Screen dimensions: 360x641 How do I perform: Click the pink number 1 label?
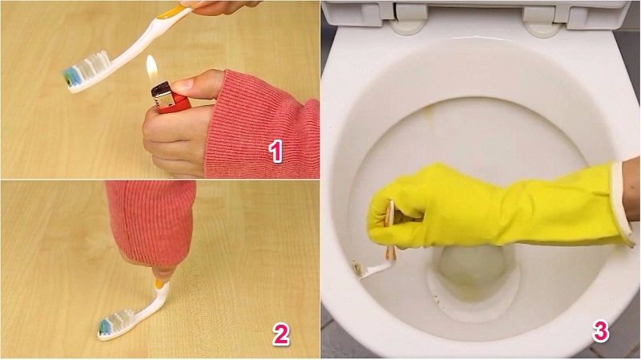coord(276,151)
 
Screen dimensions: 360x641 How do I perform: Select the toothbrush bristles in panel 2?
coord(115,324)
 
